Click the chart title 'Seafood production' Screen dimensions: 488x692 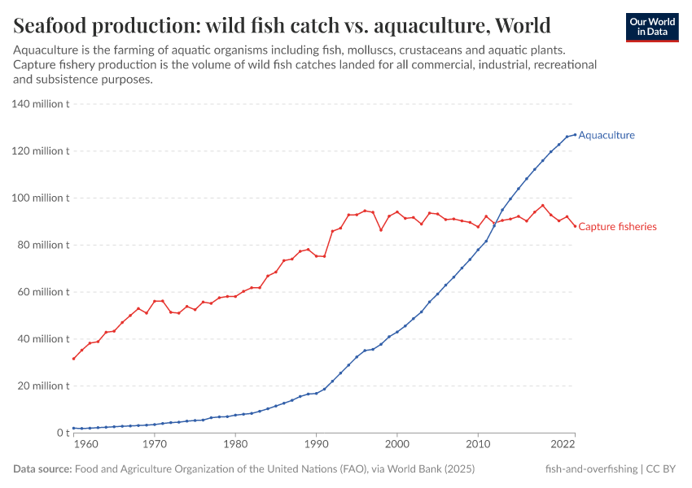tap(282, 25)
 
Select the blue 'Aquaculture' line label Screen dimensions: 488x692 tap(606, 136)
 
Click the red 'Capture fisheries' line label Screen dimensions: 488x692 tap(616, 227)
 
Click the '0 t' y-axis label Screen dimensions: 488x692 tap(62, 433)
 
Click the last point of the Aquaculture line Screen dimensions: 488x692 tap(575, 134)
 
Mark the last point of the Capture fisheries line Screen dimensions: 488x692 tap(575, 226)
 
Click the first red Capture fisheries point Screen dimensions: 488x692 tap(74, 359)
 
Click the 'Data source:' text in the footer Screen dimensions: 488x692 tap(42, 469)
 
